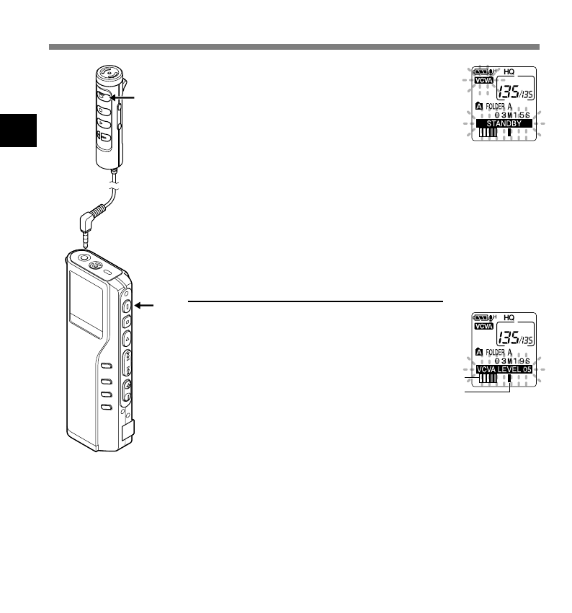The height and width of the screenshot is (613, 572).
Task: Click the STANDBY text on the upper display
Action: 502,124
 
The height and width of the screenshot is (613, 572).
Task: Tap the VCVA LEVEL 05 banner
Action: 502,369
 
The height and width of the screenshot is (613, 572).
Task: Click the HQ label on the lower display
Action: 509,317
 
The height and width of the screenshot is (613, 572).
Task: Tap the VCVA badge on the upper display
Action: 481,81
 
